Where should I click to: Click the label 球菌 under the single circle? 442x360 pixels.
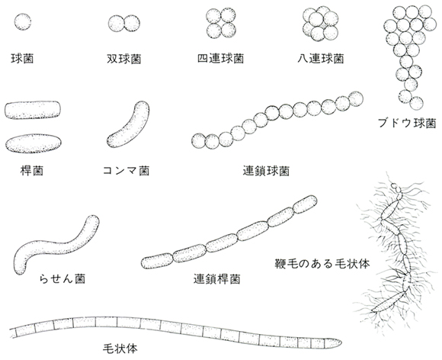[x=22, y=59]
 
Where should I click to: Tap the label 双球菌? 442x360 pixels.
[x=124, y=59]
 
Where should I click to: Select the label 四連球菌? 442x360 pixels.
[x=220, y=59]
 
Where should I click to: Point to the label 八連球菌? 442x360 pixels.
[x=321, y=59]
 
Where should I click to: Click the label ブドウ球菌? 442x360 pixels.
[x=407, y=124]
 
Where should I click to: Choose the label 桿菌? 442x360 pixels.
[x=32, y=171]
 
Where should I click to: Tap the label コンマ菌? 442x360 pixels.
[x=126, y=171]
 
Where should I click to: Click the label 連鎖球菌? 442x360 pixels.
[x=266, y=171]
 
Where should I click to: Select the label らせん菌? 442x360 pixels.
[x=62, y=278]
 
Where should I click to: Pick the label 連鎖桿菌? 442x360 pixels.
[x=216, y=279]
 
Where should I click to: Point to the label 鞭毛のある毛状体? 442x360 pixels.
[x=322, y=264]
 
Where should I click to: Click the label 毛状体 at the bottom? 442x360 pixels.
[x=120, y=349]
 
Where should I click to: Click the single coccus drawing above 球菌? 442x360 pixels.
[x=23, y=21]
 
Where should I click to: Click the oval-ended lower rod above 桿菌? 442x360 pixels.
[x=34, y=143]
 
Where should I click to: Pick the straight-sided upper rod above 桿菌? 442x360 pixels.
[x=33, y=110]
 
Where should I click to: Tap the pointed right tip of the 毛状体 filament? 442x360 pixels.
[x=341, y=342]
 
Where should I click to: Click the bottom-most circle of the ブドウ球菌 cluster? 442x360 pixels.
[x=416, y=103]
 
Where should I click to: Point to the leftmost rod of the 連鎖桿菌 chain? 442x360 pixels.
[x=157, y=261]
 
